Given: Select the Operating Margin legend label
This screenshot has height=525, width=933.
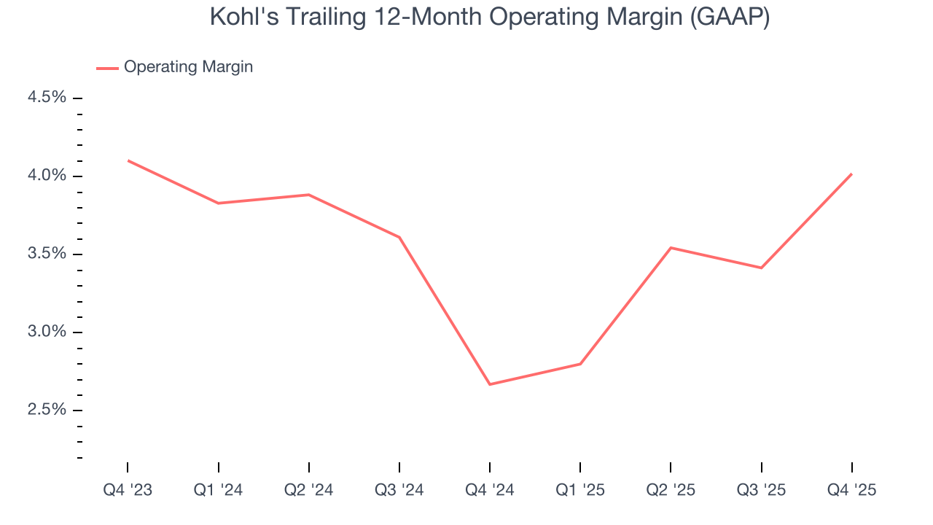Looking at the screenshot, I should (188, 67).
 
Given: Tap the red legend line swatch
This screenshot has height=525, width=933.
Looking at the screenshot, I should (107, 68).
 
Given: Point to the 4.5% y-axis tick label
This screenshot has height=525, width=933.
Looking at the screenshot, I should (47, 98).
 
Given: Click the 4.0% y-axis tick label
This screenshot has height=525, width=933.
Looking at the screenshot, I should (47, 176).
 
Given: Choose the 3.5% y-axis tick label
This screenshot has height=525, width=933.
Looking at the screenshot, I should (47, 254).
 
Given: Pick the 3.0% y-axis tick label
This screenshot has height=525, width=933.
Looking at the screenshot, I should (47, 332).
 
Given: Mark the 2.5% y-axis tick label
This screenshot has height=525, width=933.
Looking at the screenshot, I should (47, 410).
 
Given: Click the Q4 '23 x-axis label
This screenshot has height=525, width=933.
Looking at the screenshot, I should (128, 490).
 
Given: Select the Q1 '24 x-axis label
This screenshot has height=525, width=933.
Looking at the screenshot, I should (218, 490).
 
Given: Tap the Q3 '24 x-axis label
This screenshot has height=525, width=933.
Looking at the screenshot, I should (399, 490).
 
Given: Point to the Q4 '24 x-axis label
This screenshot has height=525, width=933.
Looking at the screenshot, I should (490, 490).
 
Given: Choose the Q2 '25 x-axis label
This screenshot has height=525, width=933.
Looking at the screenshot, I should (671, 490).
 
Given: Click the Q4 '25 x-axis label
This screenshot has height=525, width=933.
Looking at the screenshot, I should (851, 490).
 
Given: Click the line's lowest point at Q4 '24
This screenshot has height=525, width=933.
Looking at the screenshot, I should (490, 384).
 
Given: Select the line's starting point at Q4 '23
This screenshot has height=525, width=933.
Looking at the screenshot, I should (128, 160).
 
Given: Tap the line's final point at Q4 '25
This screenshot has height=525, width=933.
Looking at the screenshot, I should (851, 174).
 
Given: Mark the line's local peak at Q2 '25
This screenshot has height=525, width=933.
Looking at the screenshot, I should (671, 248).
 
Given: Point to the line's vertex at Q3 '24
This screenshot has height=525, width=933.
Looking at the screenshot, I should (399, 237).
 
